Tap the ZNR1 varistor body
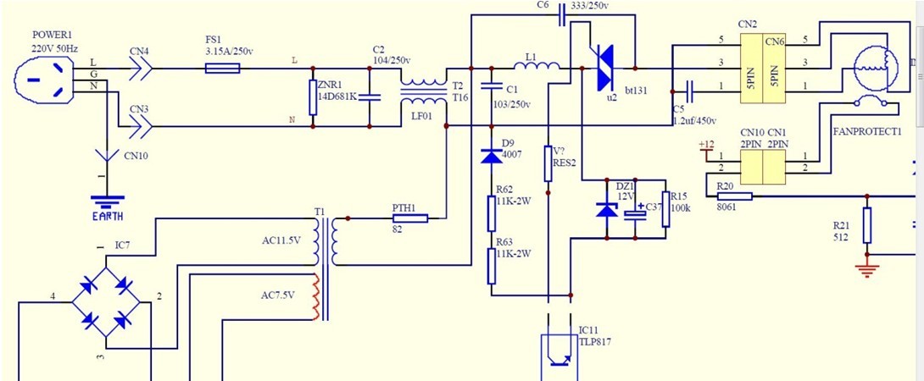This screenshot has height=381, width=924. [314, 97]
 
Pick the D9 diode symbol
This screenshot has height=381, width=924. [490, 156]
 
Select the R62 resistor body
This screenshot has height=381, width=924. [491, 213]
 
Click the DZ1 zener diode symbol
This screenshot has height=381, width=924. [607, 208]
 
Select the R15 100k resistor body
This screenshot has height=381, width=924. [665, 208]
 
